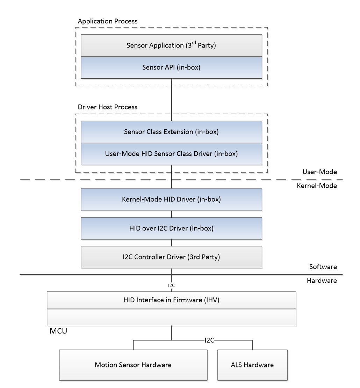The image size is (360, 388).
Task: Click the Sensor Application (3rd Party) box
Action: pos(171,45)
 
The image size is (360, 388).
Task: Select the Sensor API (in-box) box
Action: pos(171,67)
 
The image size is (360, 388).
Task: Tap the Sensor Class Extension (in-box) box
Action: pos(171,132)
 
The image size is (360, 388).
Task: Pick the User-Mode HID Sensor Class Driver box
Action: pos(171,153)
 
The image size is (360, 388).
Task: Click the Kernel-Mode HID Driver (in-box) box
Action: pos(171,200)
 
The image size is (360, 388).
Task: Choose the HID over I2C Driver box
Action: pos(171,229)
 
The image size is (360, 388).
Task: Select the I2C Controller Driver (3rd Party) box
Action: pos(171,257)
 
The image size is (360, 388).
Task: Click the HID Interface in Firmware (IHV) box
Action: pos(171,301)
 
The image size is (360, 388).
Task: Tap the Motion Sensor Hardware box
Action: pos(133,365)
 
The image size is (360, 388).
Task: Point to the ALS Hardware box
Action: pos(252,365)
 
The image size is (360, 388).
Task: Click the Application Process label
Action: pos(107,21)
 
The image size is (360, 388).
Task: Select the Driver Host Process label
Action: pos(107,107)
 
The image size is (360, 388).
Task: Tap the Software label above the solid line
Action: pos(323,267)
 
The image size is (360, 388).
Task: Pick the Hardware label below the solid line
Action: pos(322,281)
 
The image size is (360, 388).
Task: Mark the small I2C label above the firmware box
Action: pos(171,285)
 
